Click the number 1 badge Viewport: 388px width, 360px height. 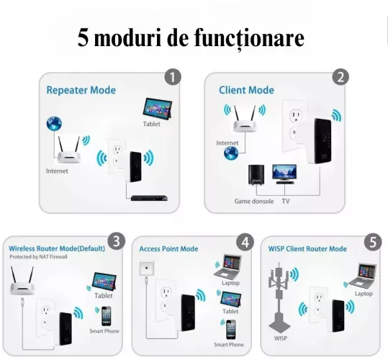coord(173,77)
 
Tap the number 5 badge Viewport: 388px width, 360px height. coord(373,242)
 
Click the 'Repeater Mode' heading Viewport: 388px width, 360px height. coord(81,90)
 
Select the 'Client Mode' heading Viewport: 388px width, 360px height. coord(246,90)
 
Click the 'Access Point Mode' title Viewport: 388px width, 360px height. coord(168,249)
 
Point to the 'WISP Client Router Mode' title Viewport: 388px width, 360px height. coord(307,249)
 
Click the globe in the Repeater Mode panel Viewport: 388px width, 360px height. coord(54,123)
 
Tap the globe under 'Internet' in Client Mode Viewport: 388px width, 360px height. coord(231,153)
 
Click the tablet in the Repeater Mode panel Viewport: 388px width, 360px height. coord(158,109)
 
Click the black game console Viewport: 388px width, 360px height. coord(256,175)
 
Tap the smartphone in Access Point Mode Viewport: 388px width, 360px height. coord(231,330)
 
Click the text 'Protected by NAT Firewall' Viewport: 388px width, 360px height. coord(38,257)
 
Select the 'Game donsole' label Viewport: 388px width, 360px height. coord(254,202)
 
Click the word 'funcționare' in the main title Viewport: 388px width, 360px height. coord(249,37)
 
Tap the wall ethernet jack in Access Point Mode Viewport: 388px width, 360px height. coord(147,268)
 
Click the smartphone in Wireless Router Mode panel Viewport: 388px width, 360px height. coord(107,316)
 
